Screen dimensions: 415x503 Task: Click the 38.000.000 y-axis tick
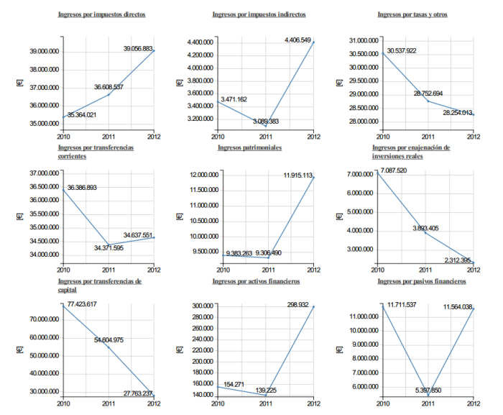pos(43,70)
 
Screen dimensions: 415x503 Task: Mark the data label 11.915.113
pos(297,175)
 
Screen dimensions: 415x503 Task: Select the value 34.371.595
pos(109,247)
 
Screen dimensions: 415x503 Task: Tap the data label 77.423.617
pos(82,305)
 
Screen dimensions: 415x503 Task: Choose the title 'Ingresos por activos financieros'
pos(259,281)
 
